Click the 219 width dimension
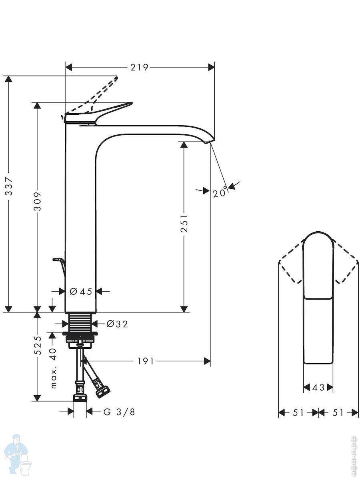(139, 67)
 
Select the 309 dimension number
(37, 202)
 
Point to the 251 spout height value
(184, 223)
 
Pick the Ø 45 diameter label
(81, 292)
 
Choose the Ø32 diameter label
(117, 324)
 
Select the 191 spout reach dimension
(146, 362)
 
